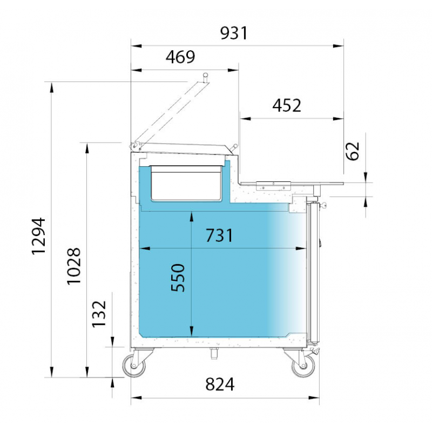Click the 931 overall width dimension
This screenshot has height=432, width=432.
point(234,33)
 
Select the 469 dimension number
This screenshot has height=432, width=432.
point(180,57)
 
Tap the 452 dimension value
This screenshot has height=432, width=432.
point(287,105)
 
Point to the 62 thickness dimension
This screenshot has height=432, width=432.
point(353,151)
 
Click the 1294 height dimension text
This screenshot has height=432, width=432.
point(38,236)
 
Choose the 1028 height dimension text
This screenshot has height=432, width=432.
point(74,266)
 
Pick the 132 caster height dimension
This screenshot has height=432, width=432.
point(99,314)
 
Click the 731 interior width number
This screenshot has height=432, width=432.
point(219,235)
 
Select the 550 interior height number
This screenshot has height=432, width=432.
point(178,278)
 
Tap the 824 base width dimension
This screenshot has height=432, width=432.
point(220,384)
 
